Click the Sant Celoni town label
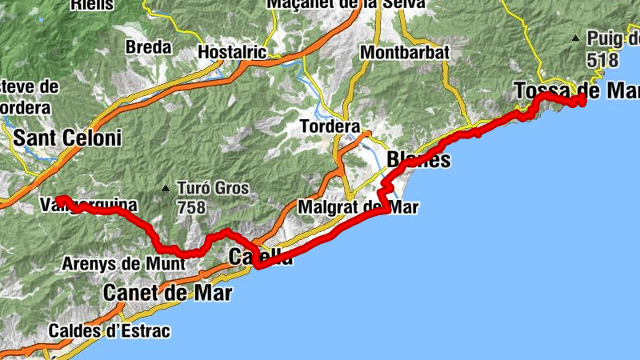[67, 138]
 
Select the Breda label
[150, 47]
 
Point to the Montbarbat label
[405, 53]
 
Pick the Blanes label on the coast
[418, 160]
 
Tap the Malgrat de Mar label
[357, 207]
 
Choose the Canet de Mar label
[167, 294]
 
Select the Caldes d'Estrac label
[110, 330]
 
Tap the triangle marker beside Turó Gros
[166, 189]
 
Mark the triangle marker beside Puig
[575, 38]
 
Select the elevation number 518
[602, 59]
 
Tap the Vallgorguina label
[88, 206]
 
